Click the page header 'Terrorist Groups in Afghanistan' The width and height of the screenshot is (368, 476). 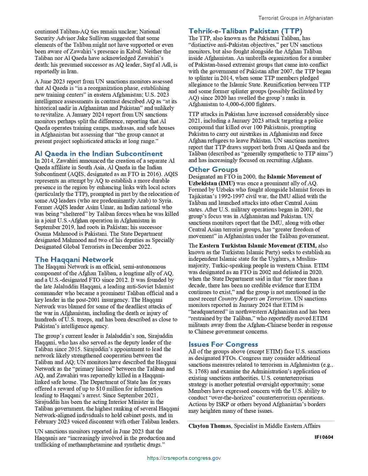point(296,18)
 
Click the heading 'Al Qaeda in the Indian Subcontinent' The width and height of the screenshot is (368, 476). point(99,153)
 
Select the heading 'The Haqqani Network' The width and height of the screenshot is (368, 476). point(74,259)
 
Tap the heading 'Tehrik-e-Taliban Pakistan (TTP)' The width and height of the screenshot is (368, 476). point(245,31)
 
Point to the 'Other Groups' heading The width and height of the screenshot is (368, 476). point(213,169)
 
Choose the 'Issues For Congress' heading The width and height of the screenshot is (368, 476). point(223,344)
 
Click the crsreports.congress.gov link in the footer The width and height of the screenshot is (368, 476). point(184,458)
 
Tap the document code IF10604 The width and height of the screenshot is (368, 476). point(324,437)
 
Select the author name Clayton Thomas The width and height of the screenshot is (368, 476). point(210,426)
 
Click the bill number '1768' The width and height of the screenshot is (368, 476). point(201,371)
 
